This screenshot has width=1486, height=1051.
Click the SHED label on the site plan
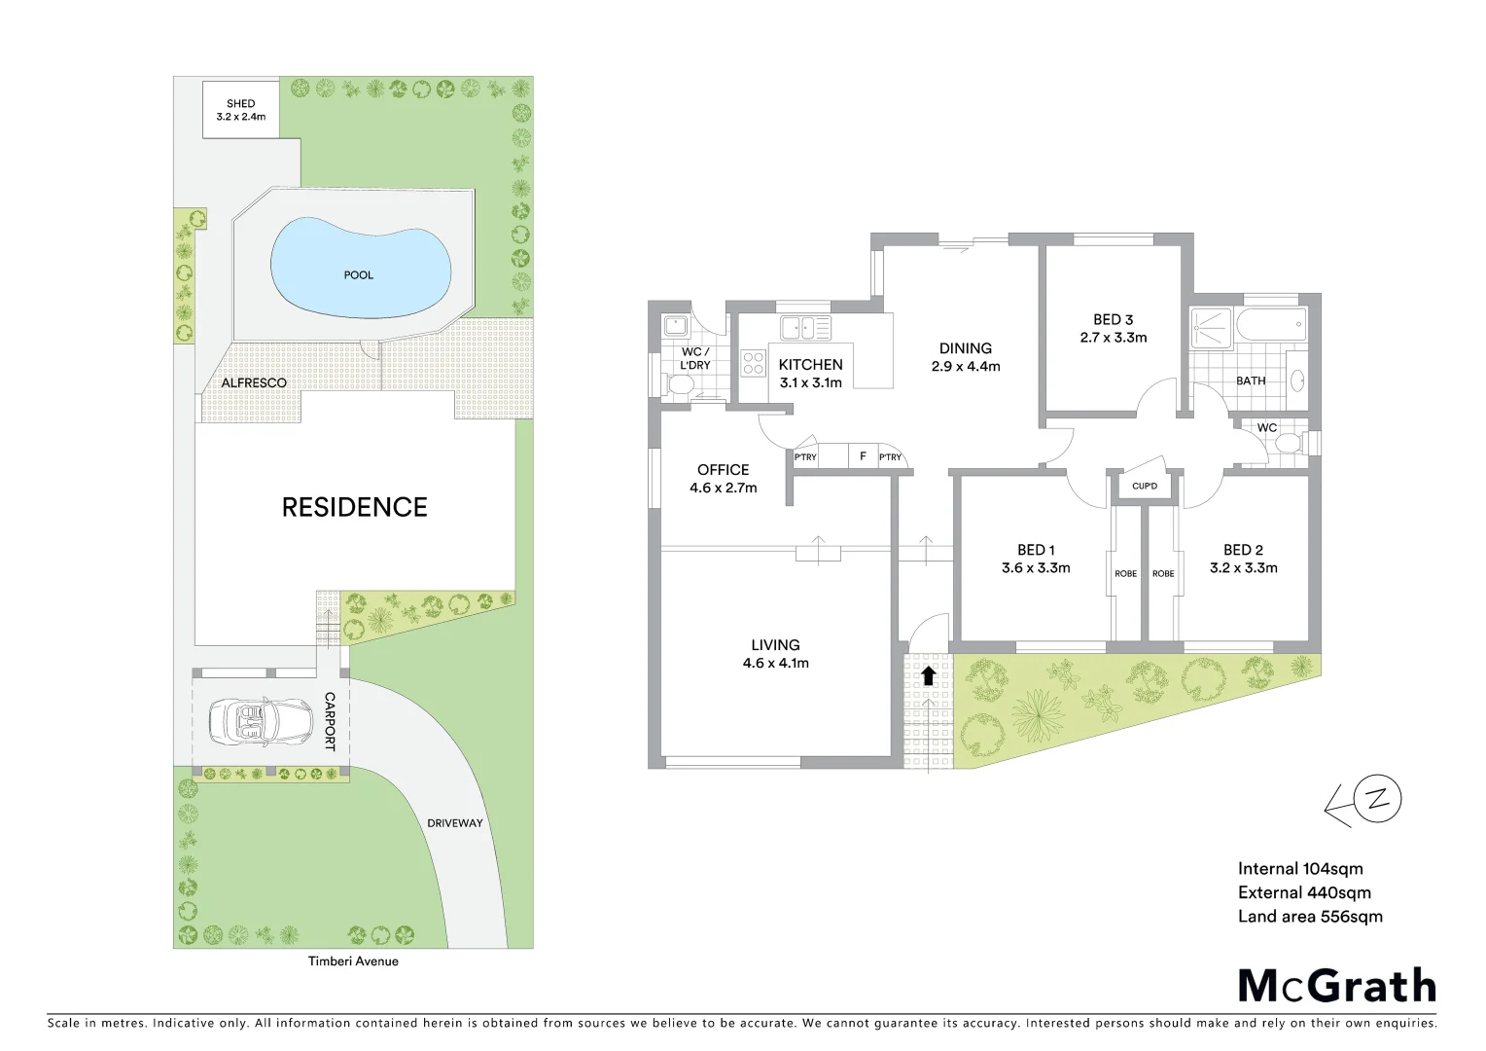pos(240,103)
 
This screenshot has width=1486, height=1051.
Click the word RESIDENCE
pos(354,507)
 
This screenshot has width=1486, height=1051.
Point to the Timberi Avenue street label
pos(353,961)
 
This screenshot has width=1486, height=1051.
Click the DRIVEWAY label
pos(454,823)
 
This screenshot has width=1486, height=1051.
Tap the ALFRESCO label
pos(254,383)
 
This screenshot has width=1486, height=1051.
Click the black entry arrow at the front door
pos(928,674)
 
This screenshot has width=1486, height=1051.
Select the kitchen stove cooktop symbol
pos(754,363)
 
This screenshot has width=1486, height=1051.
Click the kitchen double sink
pos(805,328)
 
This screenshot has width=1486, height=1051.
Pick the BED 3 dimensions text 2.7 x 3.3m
pos(1113,338)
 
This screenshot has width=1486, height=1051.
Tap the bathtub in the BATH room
pos(1269,325)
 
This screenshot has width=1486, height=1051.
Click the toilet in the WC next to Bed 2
pos(1288,445)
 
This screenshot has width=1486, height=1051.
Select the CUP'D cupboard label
pos(1145,486)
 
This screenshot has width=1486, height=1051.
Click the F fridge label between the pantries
pos(863,456)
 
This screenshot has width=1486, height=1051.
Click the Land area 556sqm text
pos(1309,917)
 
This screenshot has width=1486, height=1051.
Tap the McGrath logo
pos(1336,986)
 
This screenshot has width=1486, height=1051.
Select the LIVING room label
pos(775,645)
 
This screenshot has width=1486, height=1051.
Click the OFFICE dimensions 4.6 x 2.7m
pos(723,489)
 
